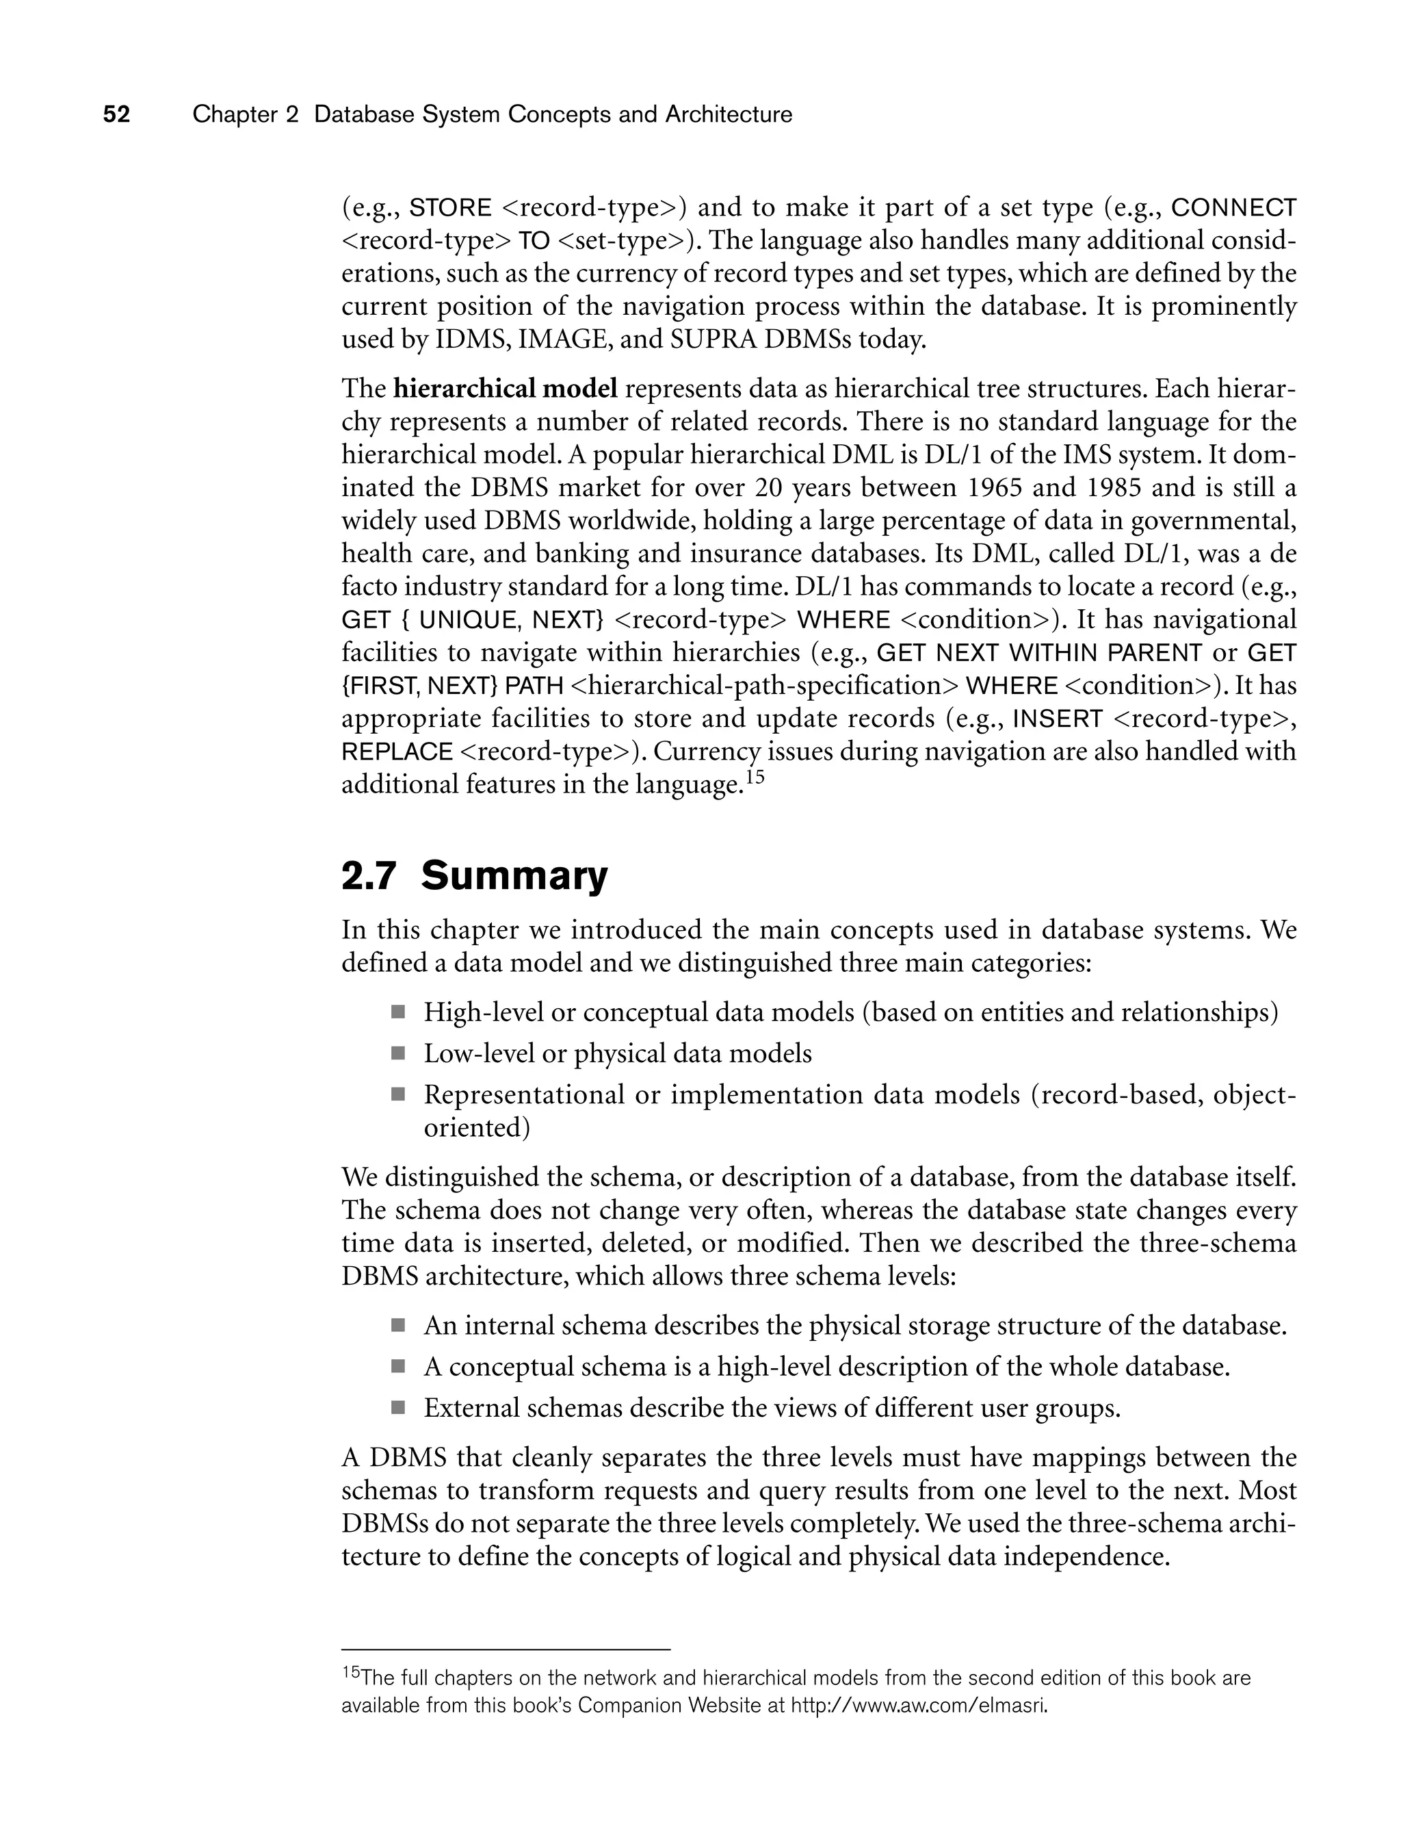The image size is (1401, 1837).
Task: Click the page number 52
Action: [x=117, y=114]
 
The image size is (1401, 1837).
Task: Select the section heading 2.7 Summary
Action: [x=475, y=876]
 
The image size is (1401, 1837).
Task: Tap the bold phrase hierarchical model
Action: [x=506, y=389]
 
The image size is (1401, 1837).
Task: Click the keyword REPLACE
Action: [x=397, y=752]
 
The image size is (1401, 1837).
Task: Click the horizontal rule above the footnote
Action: [x=506, y=1649]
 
